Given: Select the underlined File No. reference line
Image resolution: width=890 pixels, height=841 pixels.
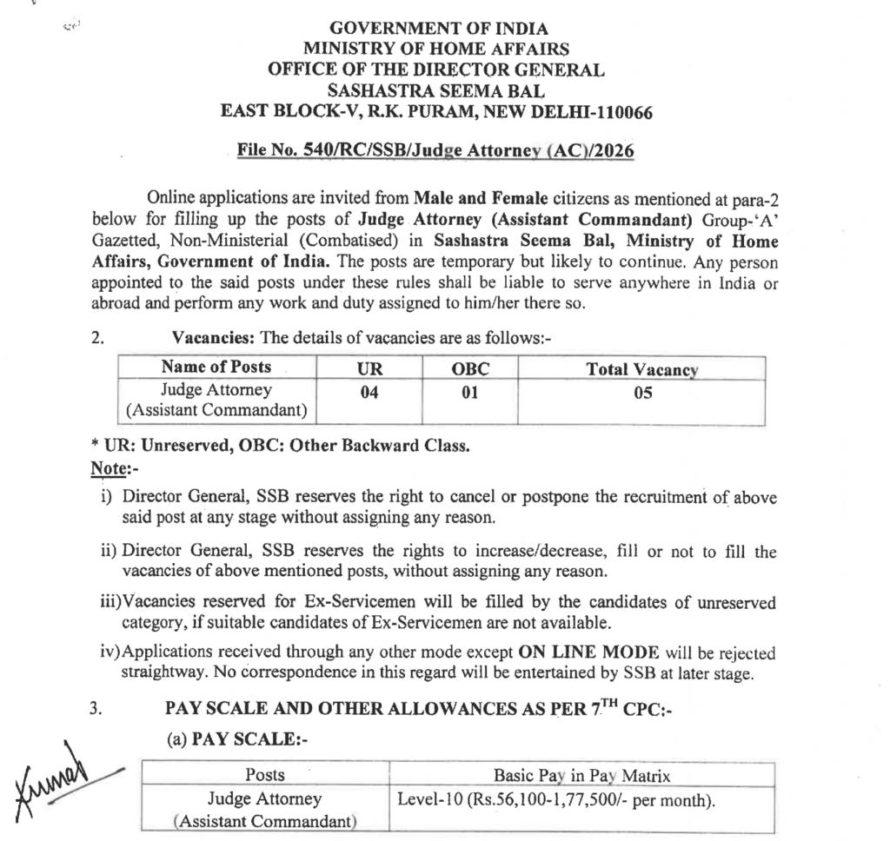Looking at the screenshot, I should point(435,151).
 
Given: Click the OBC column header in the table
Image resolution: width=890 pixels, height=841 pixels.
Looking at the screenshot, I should point(470,368).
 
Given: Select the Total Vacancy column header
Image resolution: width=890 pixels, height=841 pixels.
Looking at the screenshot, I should point(642,368).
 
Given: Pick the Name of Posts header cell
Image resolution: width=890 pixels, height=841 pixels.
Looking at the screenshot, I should point(216,367).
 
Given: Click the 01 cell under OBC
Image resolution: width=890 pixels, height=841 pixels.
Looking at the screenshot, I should point(470,392).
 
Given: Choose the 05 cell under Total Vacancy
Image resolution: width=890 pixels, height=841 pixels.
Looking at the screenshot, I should point(642,392).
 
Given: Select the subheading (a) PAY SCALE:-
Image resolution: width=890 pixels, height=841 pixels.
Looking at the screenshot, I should point(237,739).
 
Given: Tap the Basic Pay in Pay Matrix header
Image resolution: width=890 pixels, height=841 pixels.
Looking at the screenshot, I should point(581,775).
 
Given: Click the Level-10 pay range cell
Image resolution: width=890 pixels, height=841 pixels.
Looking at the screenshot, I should point(556,799).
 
